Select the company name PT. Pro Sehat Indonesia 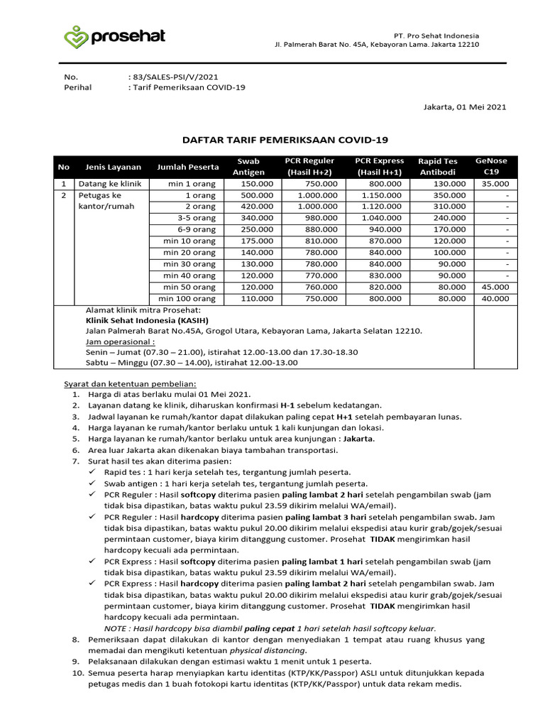436,35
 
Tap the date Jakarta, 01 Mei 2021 464,107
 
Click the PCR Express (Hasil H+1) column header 379,167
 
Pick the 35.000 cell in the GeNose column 495,183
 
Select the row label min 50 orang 189,287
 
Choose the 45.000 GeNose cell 495,287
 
